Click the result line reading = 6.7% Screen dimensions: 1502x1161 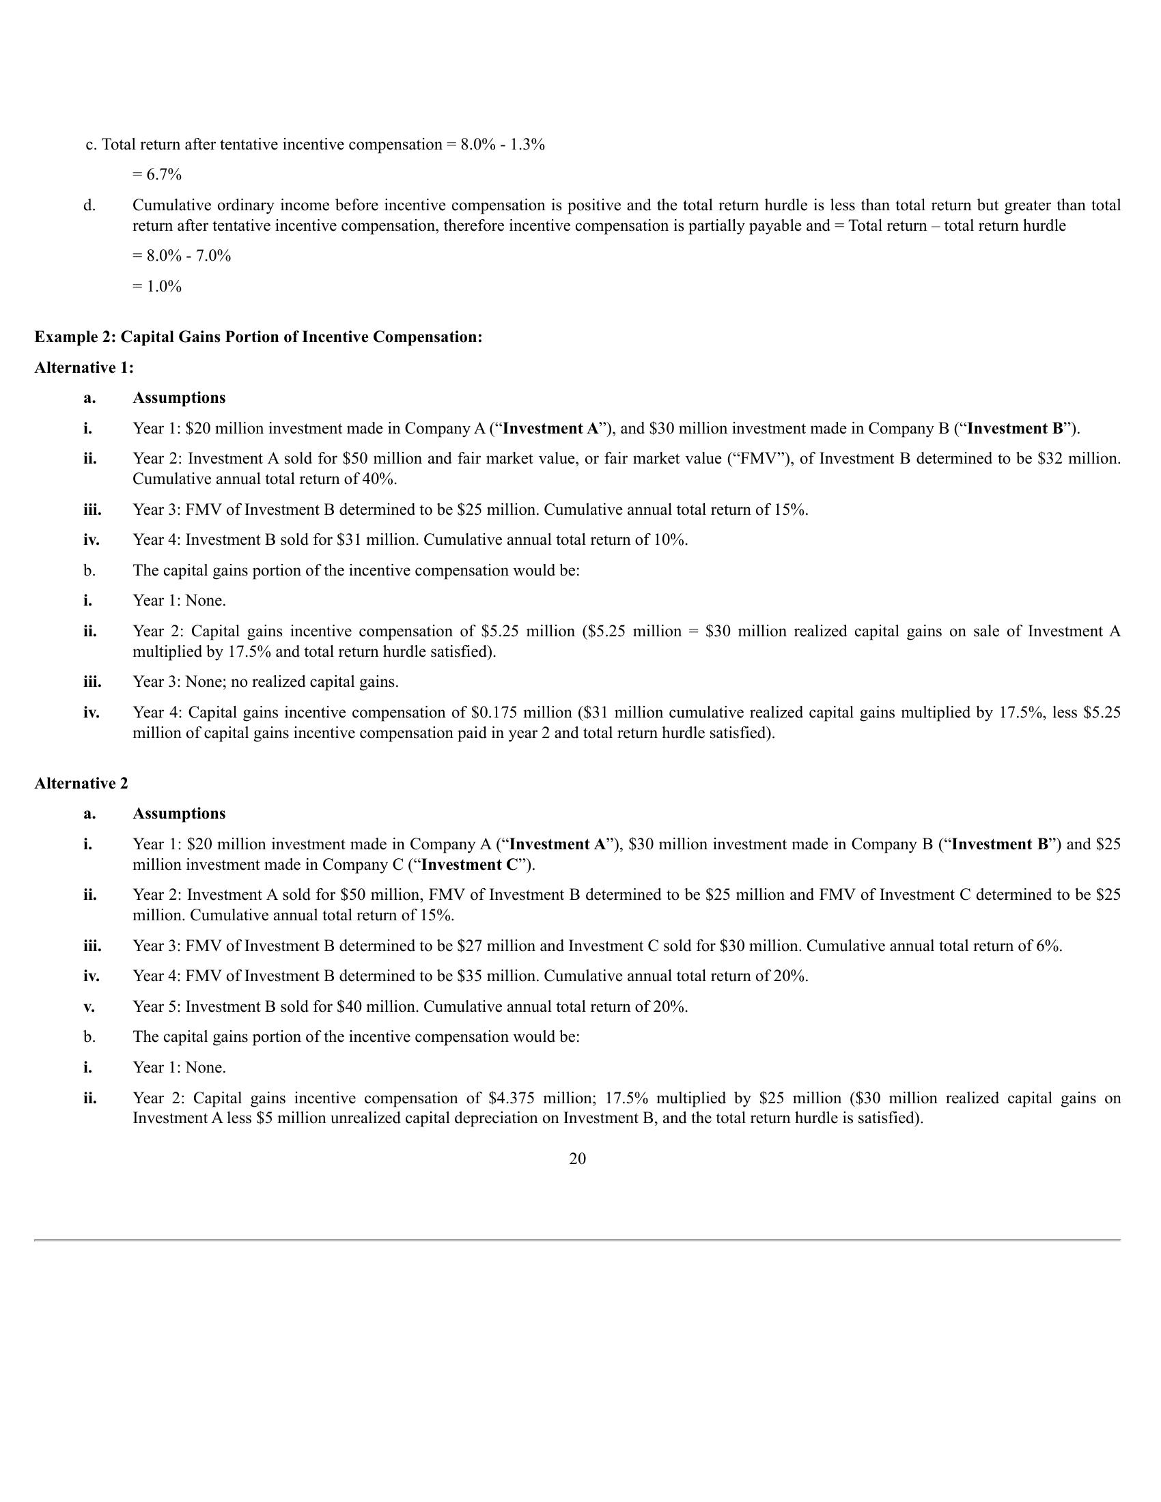(x=157, y=175)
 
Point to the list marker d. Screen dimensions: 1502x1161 (x=89, y=205)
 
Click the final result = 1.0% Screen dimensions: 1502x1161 (x=157, y=286)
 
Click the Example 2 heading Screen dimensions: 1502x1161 (x=259, y=337)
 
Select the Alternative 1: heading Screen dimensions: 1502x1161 (x=84, y=367)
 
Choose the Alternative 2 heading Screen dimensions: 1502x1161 (x=81, y=783)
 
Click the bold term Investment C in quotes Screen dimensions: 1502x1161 (x=470, y=864)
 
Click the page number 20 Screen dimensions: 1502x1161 (x=578, y=1159)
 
